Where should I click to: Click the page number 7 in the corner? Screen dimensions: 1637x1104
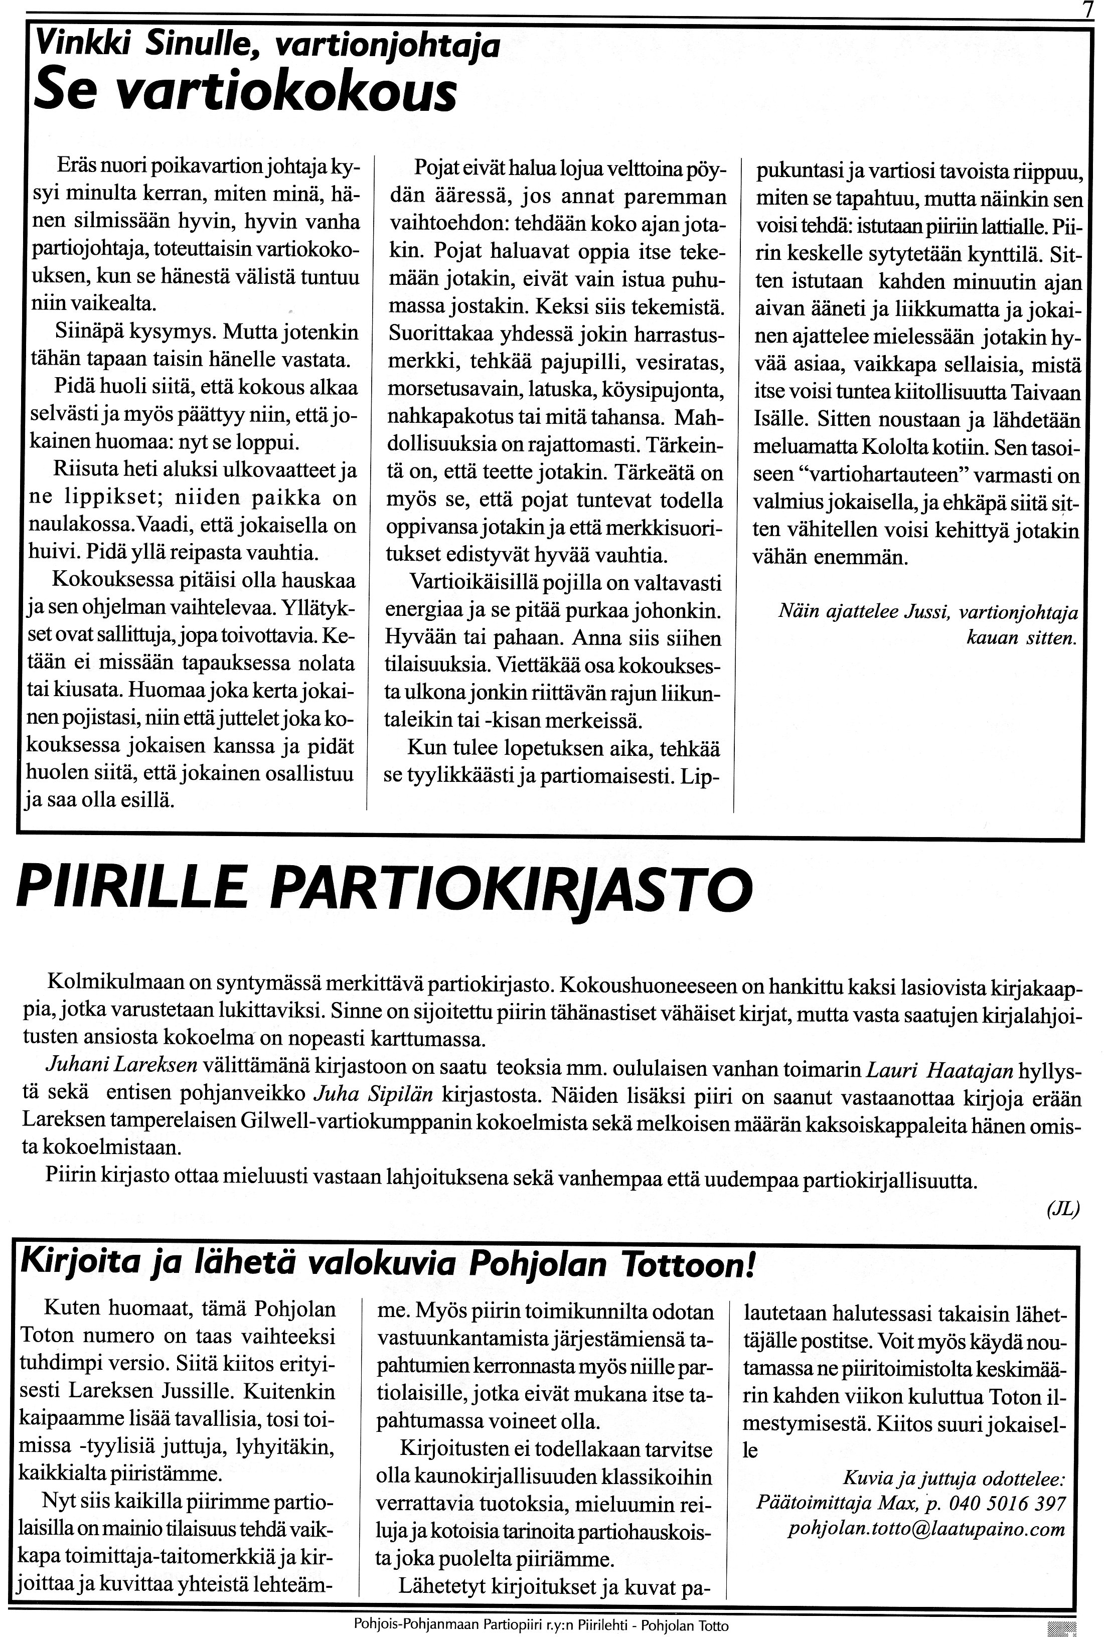pos(1088,11)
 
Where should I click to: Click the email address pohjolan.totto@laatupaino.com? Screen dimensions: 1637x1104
pos(927,1529)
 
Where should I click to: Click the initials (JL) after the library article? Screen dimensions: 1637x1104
pos(1063,1210)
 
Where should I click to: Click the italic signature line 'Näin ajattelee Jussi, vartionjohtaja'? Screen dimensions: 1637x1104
pos(927,612)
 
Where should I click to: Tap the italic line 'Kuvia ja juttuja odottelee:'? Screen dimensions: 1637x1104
pos(955,1477)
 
